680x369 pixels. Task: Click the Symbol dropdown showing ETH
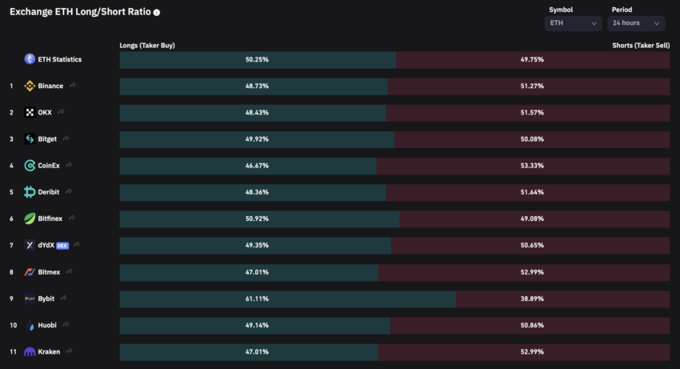pyautogui.click(x=574, y=23)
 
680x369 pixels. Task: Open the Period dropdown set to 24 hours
pyautogui.click(x=637, y=23)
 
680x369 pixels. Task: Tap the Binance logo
pyautogui.click(x=30, y=86)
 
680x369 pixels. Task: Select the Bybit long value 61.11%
pyautogui.click(x=257, y=299)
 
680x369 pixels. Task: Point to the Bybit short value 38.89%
pyautogui.click(x=531, y=299)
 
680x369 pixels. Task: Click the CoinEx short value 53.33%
pyautogui.click(x=531, y=166)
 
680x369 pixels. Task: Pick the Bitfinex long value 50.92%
pyautogui.click(x=257, y=219)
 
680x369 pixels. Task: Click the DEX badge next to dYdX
pyautogui.click(x=63, y=245)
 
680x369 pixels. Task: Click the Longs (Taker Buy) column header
pyautogui.click(x=147, y=46)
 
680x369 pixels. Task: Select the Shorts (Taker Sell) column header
pyautogui.click(x=641, y=46)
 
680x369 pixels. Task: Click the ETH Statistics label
pyautogui.click(x=59, y=59)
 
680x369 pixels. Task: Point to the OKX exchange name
pyautogui.click(x=45, y=112)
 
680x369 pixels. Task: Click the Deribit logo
pyautogui.click(x=30, y=192)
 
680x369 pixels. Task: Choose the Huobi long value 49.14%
pyautogui.click(x=257, y=325)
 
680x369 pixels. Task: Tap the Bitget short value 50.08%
pyautogui.click(x=531, y=139)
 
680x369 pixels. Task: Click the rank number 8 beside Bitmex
pyautogui.click(x=11, y=272)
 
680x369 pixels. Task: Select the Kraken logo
pyautogui.click(x=30, y=351)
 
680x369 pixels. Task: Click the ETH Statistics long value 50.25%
pyautogui.click(x=257, y=59)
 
